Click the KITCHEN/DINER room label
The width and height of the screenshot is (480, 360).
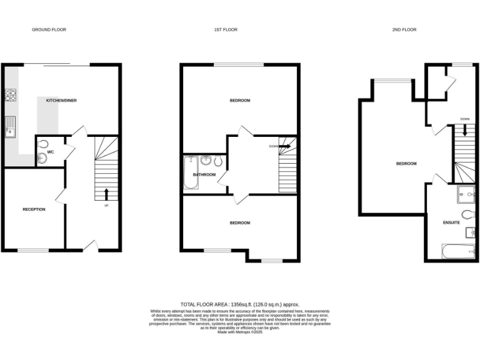pyautogui.click(x=61, y=100)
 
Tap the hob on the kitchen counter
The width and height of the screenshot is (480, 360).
pyautogui.click(x=11, y=95)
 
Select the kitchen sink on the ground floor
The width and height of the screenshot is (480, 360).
pyautogui.click(x=11, y=127)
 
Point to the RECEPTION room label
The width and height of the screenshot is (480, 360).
pyautogui.click(x=34, y=209)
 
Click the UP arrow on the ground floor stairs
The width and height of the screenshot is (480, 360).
pyautogui.click(x=106, y=193)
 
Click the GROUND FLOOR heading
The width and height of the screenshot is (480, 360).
pyautogui.click(x=49, y=29)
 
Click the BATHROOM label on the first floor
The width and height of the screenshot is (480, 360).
pyautogui.click(x=204, y=175)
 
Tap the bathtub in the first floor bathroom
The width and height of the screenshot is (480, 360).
pyautogui.click(x=189, y=174)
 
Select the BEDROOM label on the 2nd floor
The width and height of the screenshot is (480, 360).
pyautogui.click(x=406, y=164)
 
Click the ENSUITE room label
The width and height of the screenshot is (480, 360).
pyautogui.click(x=451, y=222)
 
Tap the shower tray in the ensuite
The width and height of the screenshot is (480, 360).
pyautogui.click(x=467, y=195)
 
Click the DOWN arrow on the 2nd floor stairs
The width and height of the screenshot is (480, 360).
pyautogui.click(x=465, y=129)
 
